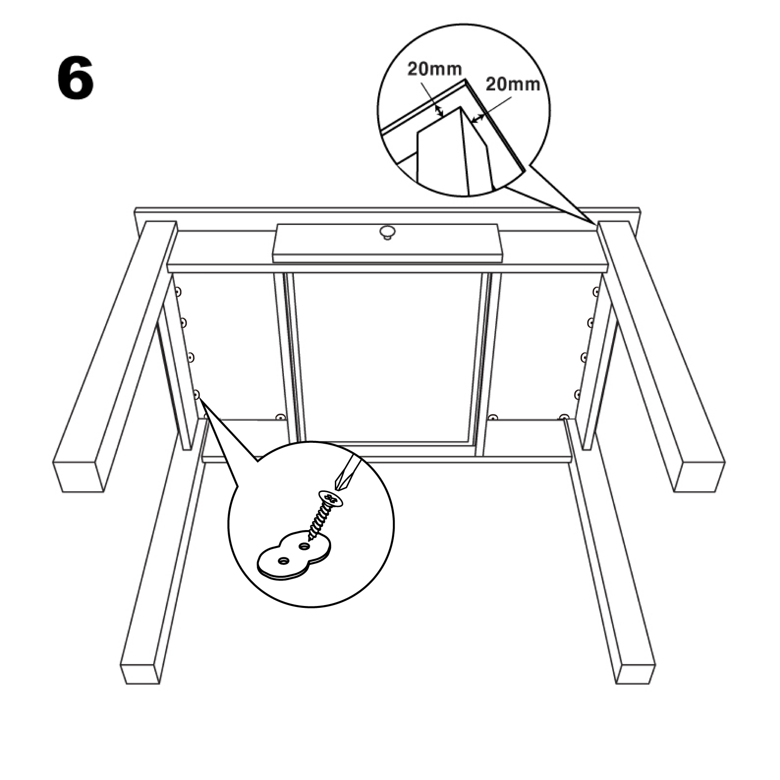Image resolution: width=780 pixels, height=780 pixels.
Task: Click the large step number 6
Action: [75, 79]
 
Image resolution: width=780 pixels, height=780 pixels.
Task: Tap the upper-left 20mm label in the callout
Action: [434, 69]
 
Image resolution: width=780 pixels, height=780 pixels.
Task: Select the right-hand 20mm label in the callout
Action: [513, 84]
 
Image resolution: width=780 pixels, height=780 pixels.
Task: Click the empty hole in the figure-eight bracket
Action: [284, 561]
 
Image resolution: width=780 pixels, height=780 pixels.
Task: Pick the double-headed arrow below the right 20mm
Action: [478, 118]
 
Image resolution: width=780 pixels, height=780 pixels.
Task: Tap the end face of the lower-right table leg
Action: [635, 672]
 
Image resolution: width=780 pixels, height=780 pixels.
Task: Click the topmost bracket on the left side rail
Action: [178, 293]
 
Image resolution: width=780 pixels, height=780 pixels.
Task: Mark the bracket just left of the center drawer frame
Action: [281, 417]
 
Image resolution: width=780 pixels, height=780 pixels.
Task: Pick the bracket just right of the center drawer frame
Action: [493, 417]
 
